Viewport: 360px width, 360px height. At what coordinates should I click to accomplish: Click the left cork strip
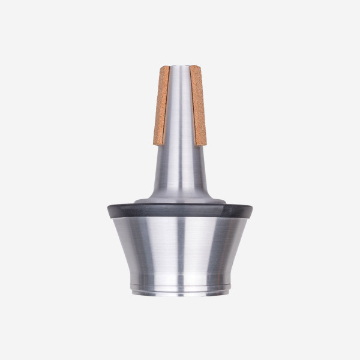pos(161,105)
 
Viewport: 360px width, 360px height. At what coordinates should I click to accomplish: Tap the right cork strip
pos(198,105)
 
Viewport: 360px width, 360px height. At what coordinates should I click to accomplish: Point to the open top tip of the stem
pos(179,67)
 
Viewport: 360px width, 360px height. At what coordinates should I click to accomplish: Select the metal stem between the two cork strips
pos(179,105)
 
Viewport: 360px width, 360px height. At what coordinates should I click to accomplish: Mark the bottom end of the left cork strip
pos(159,144)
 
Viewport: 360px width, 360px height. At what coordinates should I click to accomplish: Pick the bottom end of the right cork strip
pos(200,144)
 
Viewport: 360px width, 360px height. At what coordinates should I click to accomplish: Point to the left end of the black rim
pos(109,211)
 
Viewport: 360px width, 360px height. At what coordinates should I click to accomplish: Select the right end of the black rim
pos(251,211)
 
